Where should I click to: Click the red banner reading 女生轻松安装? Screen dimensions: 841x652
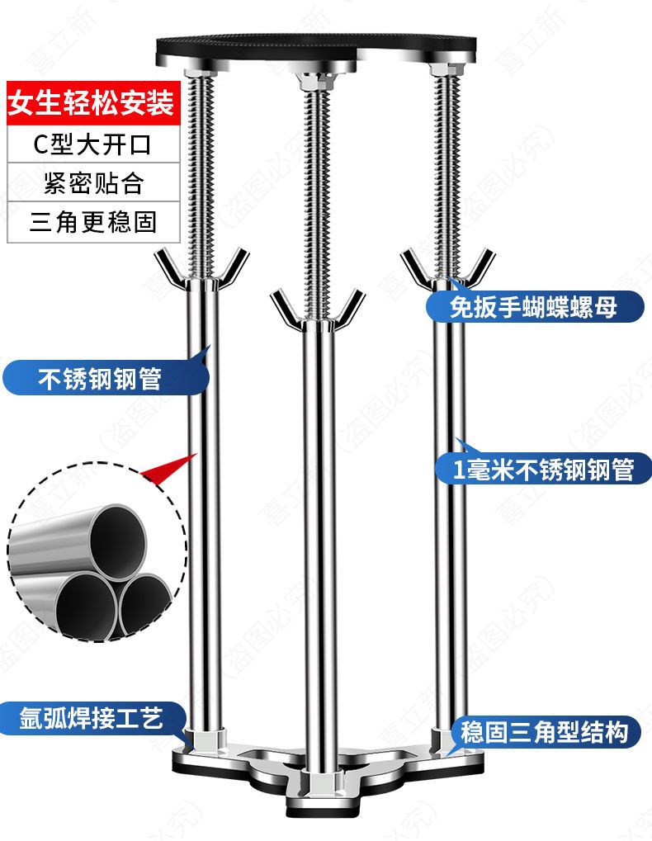click(x=92, y=105)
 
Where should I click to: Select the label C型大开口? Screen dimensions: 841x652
click(x=92, y=144)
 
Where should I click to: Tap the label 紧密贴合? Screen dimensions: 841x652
click(x=92, y=183)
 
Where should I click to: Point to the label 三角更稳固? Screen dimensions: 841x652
click(x=92, y=222)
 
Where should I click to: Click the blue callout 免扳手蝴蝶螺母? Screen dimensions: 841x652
click(x=533, y=308)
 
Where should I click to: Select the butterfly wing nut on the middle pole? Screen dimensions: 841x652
click(x=318, y=311)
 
